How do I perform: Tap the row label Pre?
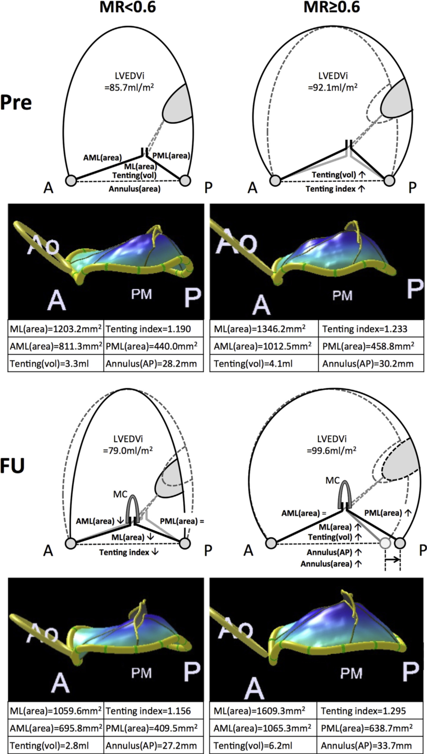[x=16, y=103]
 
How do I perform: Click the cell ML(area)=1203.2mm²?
[x=56, y=330]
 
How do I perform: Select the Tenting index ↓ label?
[x=130, y=552]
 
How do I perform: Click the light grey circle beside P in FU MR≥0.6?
[x=385, y=543]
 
